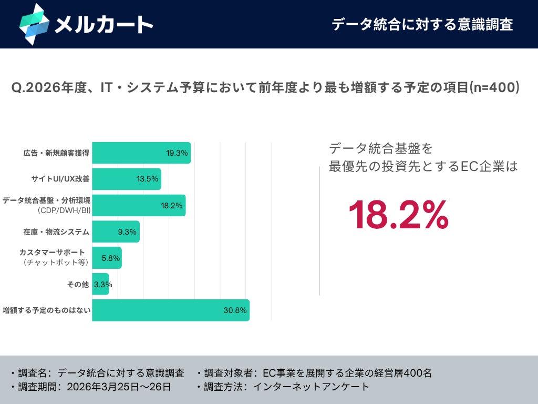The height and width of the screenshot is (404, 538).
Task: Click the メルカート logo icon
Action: click(34, 24)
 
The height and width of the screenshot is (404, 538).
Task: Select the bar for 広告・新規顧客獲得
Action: click(141, 153)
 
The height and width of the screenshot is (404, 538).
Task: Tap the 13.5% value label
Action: click(147, 179)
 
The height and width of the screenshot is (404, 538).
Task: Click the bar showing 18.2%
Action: click(139, 206)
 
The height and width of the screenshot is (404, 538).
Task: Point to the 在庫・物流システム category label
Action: click(56, 232)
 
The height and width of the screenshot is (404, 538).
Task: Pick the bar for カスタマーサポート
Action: click(107, 258)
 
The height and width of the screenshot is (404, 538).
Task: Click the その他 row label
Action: click(78, 285)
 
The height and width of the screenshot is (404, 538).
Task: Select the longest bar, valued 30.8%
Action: click(171, 310)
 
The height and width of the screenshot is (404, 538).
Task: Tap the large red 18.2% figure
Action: click(399, 215)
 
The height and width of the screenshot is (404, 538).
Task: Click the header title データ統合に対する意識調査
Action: click(422, 25)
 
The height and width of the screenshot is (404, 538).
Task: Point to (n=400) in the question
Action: click(494, 87)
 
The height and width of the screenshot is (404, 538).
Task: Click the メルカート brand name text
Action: click(104, 25)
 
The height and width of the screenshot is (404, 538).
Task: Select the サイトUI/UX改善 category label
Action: click(60, 179)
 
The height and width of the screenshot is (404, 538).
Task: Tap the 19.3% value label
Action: click(177, 153)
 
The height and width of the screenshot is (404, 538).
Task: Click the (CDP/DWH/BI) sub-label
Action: click(64, 210)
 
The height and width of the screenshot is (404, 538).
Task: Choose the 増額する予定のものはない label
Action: click(47, 310)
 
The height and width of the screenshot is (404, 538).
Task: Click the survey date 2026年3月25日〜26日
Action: click(119, 387)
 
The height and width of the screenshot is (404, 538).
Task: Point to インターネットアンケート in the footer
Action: click(311, 387)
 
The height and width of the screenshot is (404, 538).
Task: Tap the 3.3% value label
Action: click(103, 285)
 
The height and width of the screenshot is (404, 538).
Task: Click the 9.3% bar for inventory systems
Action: click(116, 231)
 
